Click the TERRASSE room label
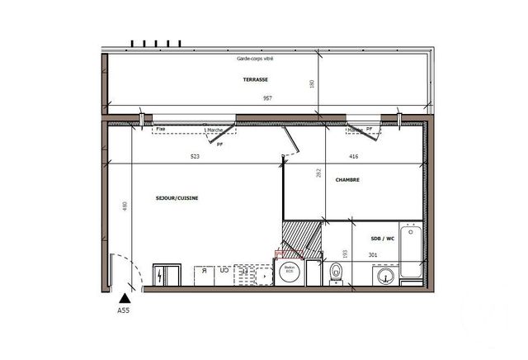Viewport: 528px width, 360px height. point(256,79)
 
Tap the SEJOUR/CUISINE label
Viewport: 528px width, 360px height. point(177,198)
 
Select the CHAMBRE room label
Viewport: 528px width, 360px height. point(347,179)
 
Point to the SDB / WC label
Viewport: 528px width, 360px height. point(383,239)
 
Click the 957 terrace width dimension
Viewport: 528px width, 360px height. point(268,98)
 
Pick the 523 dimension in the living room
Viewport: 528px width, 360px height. point(195,156)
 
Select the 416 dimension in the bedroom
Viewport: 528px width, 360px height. point(353,156)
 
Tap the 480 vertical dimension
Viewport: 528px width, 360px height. point(125,206)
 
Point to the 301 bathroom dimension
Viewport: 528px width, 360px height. point(373,255)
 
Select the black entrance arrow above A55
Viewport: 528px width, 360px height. point(124,299)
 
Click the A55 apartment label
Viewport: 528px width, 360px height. point(124,311)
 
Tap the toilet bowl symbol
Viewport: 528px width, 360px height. point(336,274)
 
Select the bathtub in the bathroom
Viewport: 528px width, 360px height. point(410,252)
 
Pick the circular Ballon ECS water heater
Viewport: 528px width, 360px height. point(290,273)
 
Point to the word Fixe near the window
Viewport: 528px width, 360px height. point(161,130)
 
